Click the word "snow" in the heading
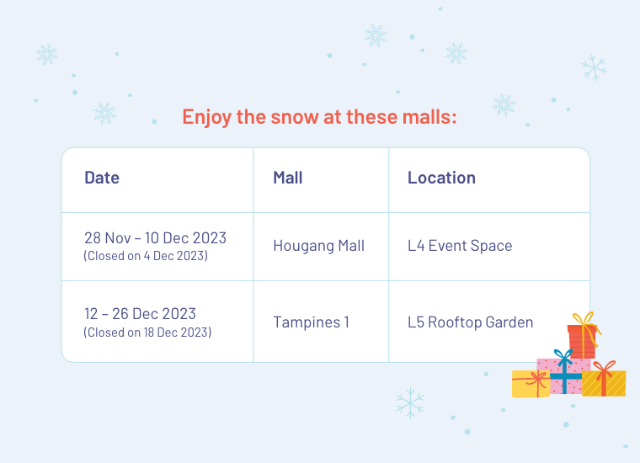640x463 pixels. point(294,117)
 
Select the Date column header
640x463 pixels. point(102,178)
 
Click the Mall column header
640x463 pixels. point(288,178)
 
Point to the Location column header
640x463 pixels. point(441,178)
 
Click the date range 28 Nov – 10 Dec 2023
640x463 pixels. point(155,238)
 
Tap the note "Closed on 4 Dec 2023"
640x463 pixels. point(146,256)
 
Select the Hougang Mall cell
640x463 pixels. point(319,246)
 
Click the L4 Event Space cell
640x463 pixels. point(460,246)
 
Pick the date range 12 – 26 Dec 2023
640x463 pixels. point(140,314)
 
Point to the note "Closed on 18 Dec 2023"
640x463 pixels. point(147,332)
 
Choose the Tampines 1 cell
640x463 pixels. point(311,322)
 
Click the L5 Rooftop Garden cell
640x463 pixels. point(470,322)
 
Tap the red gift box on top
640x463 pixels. point(582,342)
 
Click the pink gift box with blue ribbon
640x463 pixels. point(564,376)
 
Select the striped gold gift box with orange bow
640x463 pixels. point(604,383)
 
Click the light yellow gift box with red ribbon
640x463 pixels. point(531,384)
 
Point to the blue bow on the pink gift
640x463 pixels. point(563,357)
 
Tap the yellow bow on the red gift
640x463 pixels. point(584,318)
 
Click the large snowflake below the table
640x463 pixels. point(410,403)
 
